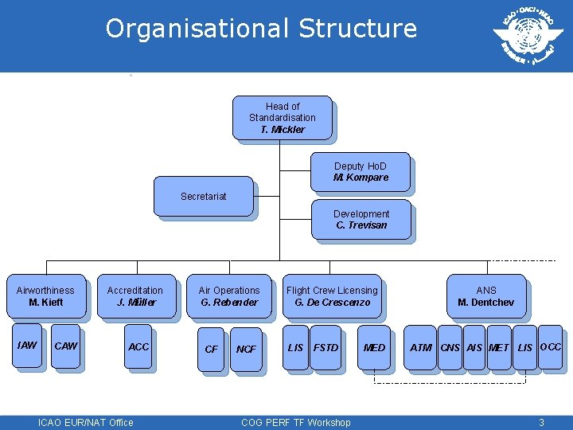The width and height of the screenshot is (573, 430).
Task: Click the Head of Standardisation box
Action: [283, 118]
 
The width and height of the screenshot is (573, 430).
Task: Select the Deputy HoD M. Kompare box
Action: [361, 172]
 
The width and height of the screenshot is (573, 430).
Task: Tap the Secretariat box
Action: [203, 196]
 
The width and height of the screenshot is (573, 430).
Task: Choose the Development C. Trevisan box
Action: [361, 220]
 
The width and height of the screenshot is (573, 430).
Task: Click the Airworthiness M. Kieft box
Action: [45, 296]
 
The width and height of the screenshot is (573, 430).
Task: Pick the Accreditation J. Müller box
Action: [135, 296]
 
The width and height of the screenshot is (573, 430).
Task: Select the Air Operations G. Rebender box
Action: [229, 296]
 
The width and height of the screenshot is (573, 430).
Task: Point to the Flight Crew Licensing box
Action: [332, 296]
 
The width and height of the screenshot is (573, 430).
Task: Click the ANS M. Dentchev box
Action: [485, 296]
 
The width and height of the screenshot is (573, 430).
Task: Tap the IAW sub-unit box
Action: [27, 346]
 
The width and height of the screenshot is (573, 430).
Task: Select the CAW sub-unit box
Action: [65, 346]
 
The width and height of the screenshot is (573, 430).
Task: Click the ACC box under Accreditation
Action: [138, 347]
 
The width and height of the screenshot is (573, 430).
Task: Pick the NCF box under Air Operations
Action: [247, 349]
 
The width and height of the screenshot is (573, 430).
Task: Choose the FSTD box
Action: [325, 348]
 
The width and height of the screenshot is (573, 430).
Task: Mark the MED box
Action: [374, 348]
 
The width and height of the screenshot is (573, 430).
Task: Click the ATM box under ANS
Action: [421, 348]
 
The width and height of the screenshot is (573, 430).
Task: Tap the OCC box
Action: [551, 347]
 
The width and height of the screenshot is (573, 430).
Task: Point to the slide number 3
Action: [541, 422]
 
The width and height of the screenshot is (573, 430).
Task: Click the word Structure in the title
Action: [357, 29]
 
